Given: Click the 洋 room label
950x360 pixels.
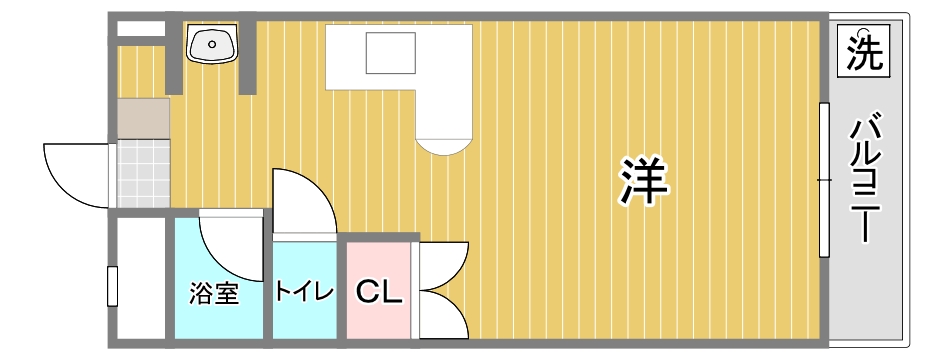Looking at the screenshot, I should [x=644, y=180].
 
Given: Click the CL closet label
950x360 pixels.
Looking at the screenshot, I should [x=379, y=292].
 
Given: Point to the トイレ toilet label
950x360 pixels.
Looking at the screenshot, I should [x=304, y=292].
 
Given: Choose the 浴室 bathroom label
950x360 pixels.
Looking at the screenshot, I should [x=215, y=294].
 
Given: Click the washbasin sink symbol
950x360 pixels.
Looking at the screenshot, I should [x=212, y=44].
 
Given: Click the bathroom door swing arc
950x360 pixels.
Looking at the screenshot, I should [x=230, y=240].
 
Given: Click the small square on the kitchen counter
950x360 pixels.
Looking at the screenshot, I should [x=390, y=52].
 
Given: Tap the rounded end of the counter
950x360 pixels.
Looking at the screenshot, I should [x=442, y=140].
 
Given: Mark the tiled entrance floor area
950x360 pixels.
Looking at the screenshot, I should [x=142, y=172].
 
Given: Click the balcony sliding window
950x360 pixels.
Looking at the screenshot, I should [x=825, y=180].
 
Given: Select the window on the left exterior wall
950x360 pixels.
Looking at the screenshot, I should [x=112, y=286].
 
